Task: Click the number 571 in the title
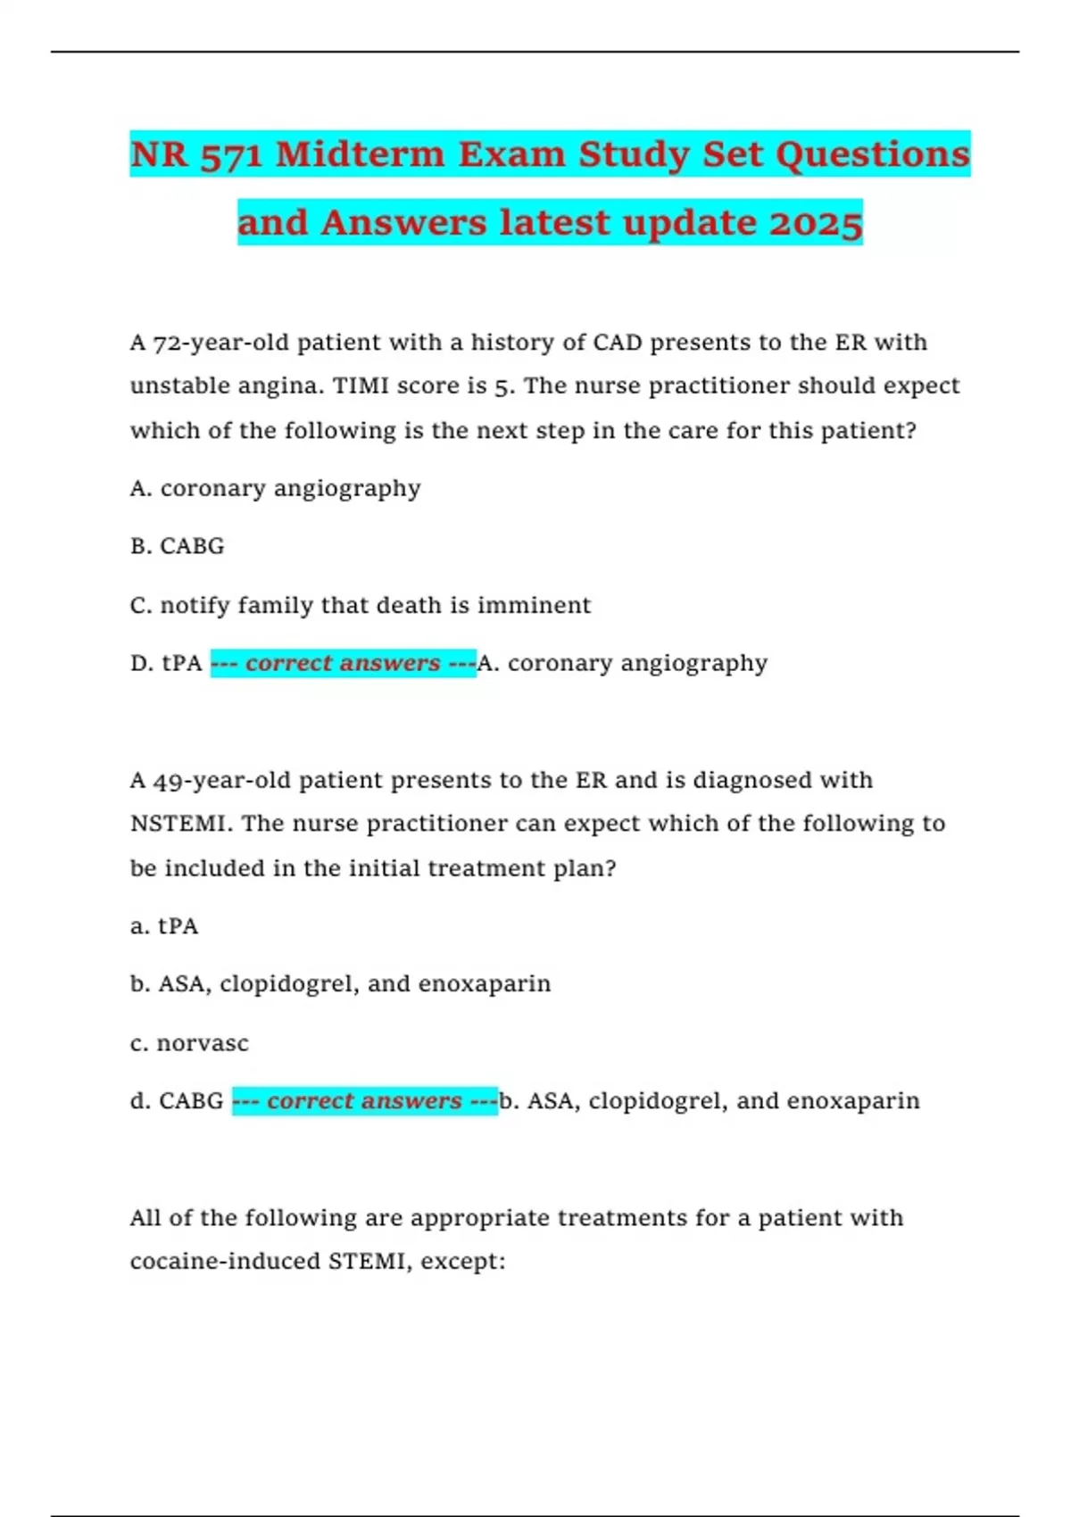231,155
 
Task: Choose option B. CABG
177,546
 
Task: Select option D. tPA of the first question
166,664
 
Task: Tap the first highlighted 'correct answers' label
343,664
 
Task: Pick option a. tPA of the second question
164,926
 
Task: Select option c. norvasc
189,1043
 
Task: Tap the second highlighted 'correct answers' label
364,1101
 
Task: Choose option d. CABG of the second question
177,1101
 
